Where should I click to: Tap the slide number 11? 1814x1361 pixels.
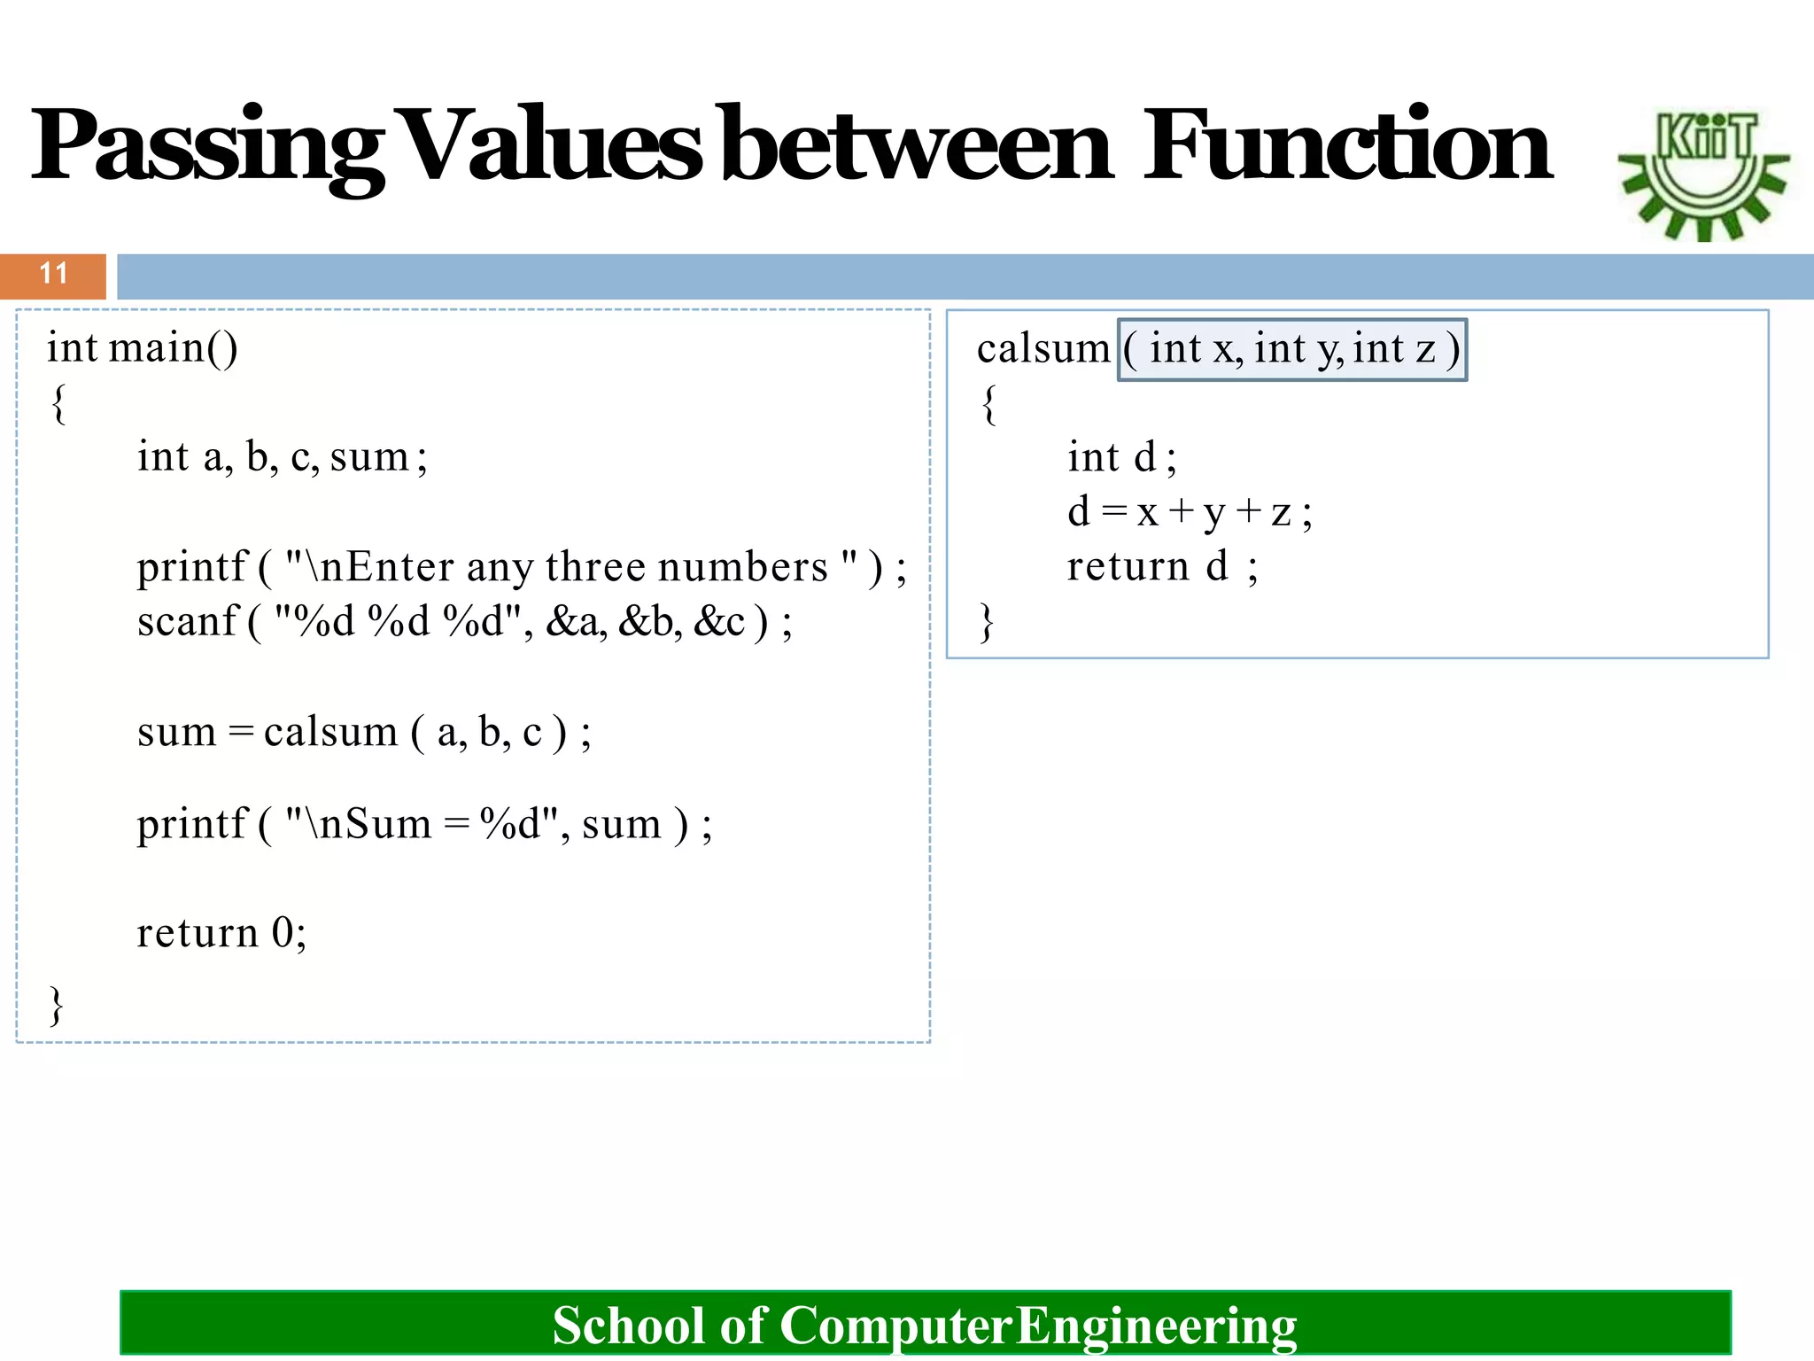coord(53,274)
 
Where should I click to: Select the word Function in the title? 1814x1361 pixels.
coord(1346,146)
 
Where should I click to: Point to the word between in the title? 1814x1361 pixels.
coord(917,146)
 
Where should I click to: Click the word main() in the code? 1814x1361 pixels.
coord(174,347)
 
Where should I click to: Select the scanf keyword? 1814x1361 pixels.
coord(188,621)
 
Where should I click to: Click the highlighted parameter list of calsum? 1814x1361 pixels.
coord(1292,349)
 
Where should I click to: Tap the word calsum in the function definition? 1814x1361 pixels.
coord(1043,349)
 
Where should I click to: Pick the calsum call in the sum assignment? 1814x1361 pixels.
coord(330,732)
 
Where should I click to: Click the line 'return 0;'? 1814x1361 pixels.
coord(221,933)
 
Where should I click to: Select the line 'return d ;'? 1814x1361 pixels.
coord(1161,567)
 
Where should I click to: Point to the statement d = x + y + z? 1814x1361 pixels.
coord(1190,512)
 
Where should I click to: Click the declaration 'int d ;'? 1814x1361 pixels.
coord(1121,458)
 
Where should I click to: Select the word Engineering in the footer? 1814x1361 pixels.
coord(1156,1326)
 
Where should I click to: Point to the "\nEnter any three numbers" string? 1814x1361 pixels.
coord(570,567)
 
